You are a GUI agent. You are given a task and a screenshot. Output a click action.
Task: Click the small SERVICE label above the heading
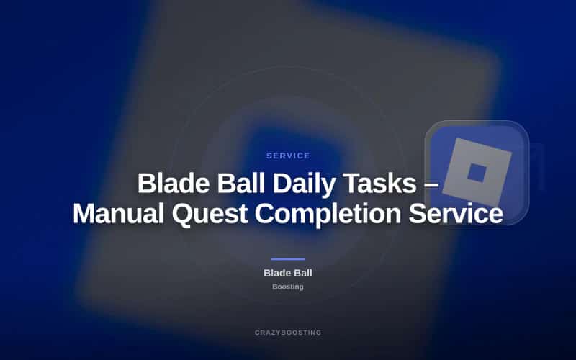(288, 156)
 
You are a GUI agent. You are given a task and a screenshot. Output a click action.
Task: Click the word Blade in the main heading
(174, 183)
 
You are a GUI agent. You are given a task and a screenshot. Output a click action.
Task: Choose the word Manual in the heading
(118, 213)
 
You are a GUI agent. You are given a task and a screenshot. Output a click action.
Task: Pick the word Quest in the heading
(210, 213)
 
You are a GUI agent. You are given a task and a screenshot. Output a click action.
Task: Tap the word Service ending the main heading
(456, 213)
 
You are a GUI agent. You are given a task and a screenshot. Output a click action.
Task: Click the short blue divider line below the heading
(288, 259)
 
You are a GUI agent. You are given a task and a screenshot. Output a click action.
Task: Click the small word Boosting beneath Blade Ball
(288, 287)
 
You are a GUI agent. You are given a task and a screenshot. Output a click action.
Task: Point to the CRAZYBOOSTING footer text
(288, 333)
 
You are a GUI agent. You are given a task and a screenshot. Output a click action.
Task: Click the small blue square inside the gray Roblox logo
(477, 173)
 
